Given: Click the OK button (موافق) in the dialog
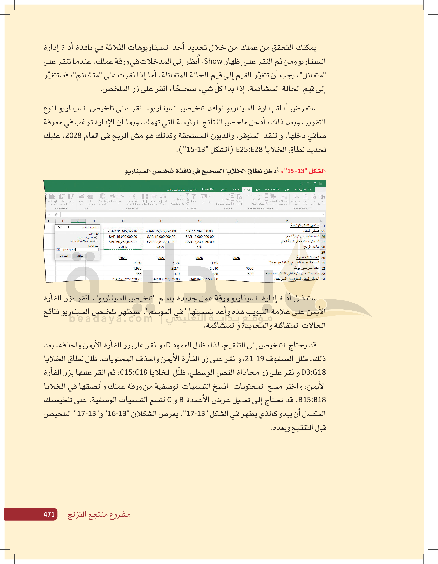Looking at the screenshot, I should [x=80, y=256].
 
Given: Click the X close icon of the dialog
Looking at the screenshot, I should [x=59, y=227].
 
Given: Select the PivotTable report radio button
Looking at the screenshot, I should [x=96, y=241].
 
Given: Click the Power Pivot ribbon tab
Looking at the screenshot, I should [x=209, y=189].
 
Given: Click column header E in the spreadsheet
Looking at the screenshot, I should [x=123, y=221].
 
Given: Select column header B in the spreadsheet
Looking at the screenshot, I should [x=236, y=221].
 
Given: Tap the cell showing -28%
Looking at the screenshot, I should [x=123, y=247].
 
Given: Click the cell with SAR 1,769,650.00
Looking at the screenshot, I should [x=199, y=231].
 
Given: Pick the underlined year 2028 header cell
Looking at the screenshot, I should [x=123, y=258].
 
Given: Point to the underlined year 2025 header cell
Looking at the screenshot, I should [x=236, y=258].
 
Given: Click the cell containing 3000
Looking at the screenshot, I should [x=250, y=268].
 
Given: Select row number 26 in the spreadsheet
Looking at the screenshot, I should [x=323, y=236].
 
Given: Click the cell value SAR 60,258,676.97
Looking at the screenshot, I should [x=123, y=242].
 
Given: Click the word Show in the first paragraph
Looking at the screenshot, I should [x=213, y=62].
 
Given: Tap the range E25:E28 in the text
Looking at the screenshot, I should [x=249, y=149].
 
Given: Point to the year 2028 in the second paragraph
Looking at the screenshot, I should [x=73, y=136].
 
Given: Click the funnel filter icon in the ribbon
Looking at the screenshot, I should [x=194, y=196].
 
